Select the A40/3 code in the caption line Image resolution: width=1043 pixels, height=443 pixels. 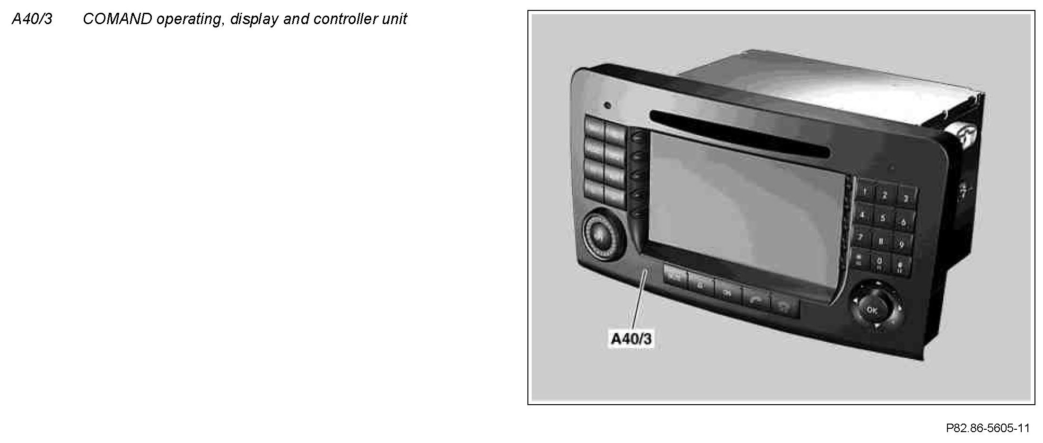(32, 19)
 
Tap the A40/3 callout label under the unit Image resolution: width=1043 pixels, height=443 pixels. (631, 339)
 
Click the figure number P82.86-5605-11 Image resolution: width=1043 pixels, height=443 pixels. (988, 428)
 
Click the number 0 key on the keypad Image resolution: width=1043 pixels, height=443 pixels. (879, 262)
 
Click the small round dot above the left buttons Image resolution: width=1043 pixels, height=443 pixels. (607, 105)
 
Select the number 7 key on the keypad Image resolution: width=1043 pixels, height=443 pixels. (861, 236)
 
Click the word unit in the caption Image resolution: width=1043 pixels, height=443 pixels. (394, 19)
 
